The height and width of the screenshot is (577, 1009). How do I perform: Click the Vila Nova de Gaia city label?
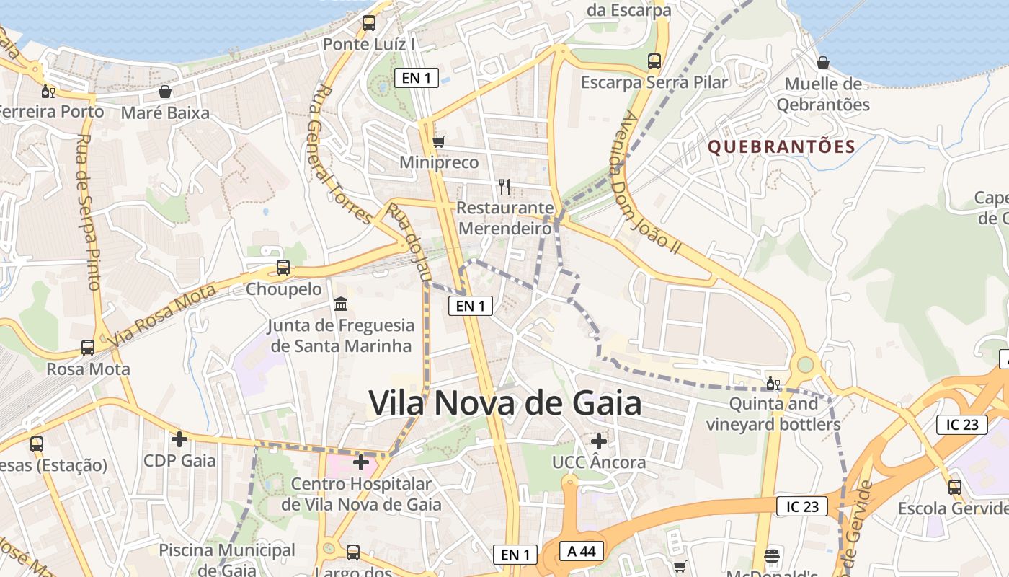tap(505, 402)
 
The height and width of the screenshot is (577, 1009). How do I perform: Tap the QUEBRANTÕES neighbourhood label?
tap(781, 147)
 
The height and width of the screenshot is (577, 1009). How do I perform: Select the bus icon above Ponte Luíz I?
tap(369, 22)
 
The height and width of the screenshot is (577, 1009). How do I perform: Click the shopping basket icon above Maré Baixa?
tap(165, 92)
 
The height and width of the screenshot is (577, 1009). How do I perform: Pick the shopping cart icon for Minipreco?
tap(438, 141)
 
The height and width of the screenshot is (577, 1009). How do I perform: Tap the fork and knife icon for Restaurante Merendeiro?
tap(504, 187)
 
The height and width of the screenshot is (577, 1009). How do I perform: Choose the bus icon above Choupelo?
tap(283, 268)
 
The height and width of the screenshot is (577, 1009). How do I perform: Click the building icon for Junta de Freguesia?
tap(341, 304)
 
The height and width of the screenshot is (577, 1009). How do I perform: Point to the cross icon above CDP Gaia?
tap(179, 439)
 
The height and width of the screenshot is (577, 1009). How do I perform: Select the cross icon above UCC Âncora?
tap(598, 441)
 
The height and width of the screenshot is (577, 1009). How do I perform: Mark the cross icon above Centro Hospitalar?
tap(361, 462)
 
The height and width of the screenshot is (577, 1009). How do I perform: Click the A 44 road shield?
tap(582, 551)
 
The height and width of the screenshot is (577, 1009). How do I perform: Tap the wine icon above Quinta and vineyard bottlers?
tap(773, 383)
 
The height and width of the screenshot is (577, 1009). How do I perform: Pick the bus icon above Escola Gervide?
tap(955, 487)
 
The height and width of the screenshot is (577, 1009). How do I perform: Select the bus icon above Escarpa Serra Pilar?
tap(654, 61)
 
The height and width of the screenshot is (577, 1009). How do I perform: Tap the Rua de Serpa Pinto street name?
tap(88, 212)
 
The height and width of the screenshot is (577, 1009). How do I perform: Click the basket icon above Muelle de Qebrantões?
tap(822, 63)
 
